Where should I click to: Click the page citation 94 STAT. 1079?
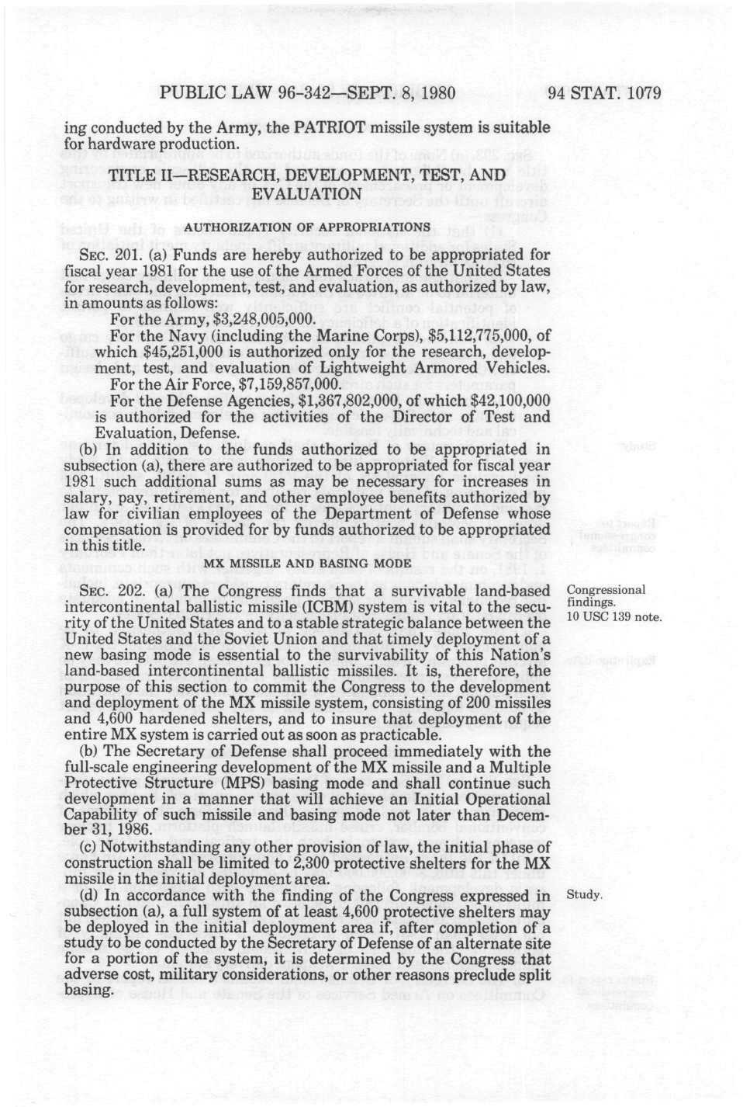[604, 94]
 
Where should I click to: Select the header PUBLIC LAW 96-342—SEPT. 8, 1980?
[306, 94]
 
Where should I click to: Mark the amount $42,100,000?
[510, 401]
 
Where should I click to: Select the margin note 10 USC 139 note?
[613, 617]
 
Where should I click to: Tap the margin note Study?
[584, 894]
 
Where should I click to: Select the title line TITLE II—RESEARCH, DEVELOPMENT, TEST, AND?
[307, 176]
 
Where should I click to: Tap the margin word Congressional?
[606, 589]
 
